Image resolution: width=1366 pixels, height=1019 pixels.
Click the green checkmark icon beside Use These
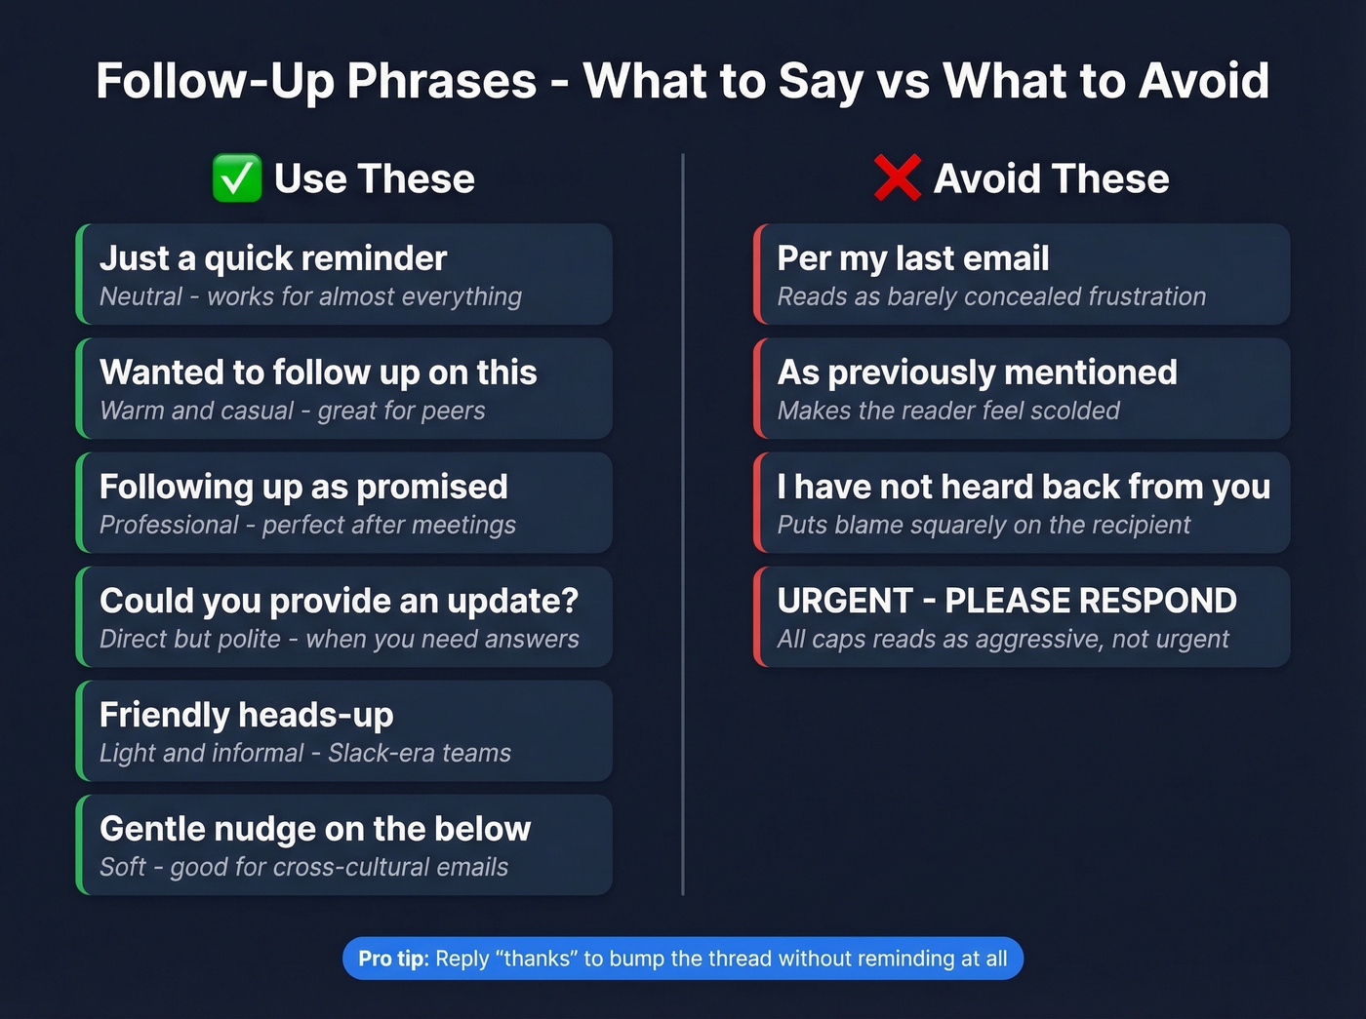click(x=237, y=178)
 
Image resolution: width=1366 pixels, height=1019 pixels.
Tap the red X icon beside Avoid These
click(x=898, y=178)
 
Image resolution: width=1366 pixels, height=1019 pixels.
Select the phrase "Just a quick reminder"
click(x=273, y=258)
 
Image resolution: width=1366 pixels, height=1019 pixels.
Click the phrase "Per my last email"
click(x=913, y=258)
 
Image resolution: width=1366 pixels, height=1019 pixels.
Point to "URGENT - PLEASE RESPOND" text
click(x=1007, y=601)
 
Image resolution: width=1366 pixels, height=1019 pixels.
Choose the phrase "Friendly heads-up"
click(x=247, y=715)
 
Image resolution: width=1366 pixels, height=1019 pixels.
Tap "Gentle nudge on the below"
click(x=315, y=829)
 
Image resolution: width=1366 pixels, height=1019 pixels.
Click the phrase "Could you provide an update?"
click(x=339, y=601)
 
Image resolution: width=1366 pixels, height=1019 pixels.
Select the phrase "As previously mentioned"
click(x=977, y=372)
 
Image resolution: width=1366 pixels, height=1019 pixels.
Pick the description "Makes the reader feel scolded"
click(x=948, y=411)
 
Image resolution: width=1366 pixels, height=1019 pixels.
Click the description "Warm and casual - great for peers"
click(x=293, y=411)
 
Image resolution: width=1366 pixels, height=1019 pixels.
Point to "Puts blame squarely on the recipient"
click(x=984, y=525)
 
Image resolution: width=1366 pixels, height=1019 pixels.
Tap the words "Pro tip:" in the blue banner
click(x=393, y=959)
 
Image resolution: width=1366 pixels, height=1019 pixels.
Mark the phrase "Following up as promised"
click(x=303, y=487)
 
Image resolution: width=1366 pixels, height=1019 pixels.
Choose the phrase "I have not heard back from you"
click(x=1024, y=487)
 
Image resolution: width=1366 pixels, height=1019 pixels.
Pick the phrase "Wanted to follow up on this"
click(x=318, y=372)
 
